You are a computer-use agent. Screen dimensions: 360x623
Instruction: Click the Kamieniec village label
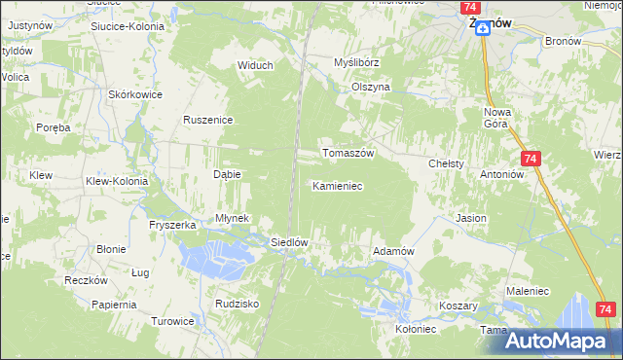tap(337, 185)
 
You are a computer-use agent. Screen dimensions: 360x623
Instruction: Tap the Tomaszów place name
tap(348, 153)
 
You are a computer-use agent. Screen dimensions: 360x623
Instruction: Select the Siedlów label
tap(289, 242)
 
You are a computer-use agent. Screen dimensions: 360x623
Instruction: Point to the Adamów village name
tap(394, 251)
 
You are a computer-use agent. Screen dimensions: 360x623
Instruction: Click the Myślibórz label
tap(355, 62)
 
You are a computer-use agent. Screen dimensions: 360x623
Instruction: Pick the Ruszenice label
tap(206, 120)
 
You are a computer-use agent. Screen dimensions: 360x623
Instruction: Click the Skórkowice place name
tap(135, 94)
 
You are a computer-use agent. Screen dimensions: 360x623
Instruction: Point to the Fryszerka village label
tap(173, 225)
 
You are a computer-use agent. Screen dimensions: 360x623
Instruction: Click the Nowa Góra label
tap(497, 118)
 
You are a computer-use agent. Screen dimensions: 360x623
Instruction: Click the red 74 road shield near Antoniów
tap(530, 158)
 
